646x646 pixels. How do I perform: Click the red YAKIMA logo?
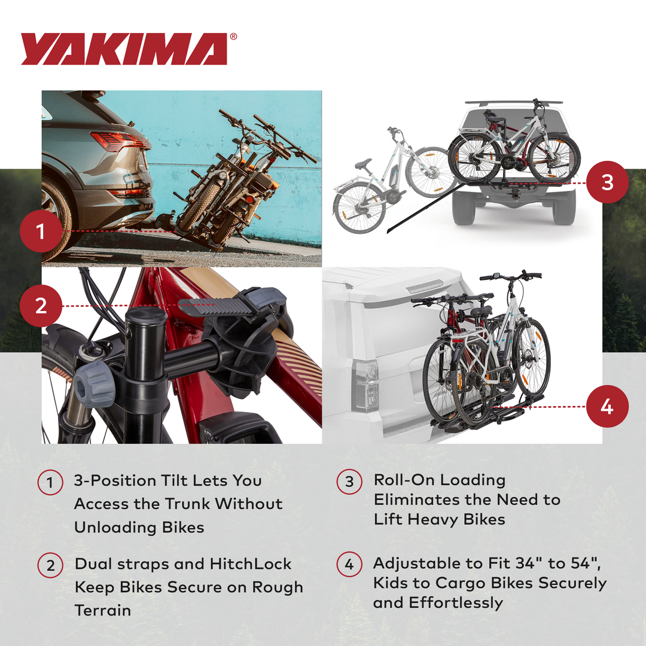124,49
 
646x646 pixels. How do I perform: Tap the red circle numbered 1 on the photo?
40,231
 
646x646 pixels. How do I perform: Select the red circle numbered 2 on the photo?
40,306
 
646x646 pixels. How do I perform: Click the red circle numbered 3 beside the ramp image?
607,182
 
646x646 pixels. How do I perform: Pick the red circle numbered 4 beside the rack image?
607,407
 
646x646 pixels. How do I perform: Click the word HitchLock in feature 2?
250,564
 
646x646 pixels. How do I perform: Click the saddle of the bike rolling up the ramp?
363,163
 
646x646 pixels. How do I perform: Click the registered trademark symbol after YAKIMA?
233,37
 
